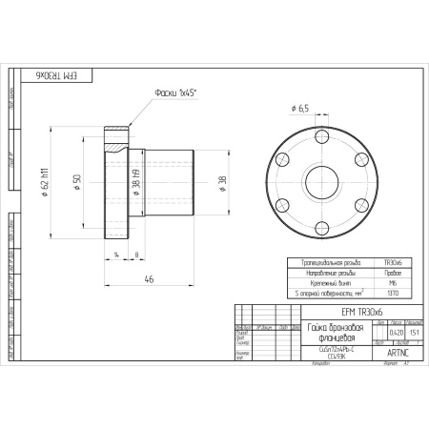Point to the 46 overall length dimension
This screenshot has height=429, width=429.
click(x=150, y=279)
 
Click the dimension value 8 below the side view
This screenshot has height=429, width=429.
click(x=137, y=255)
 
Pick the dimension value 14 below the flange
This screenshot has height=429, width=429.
click(x=115, y=255)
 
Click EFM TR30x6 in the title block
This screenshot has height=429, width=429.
click(x=360, y=312)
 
